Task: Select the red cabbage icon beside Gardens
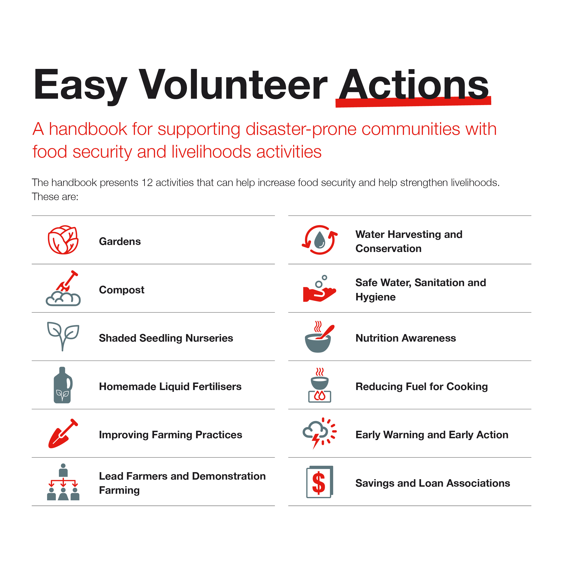pos(63,240)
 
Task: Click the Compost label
pos(122,290)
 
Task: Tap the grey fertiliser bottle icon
pos(63,385)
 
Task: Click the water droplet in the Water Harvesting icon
pos(320,240)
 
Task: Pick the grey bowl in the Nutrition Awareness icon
pos(318,343)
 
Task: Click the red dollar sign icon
pos(318,483)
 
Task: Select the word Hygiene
pos(375,297)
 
